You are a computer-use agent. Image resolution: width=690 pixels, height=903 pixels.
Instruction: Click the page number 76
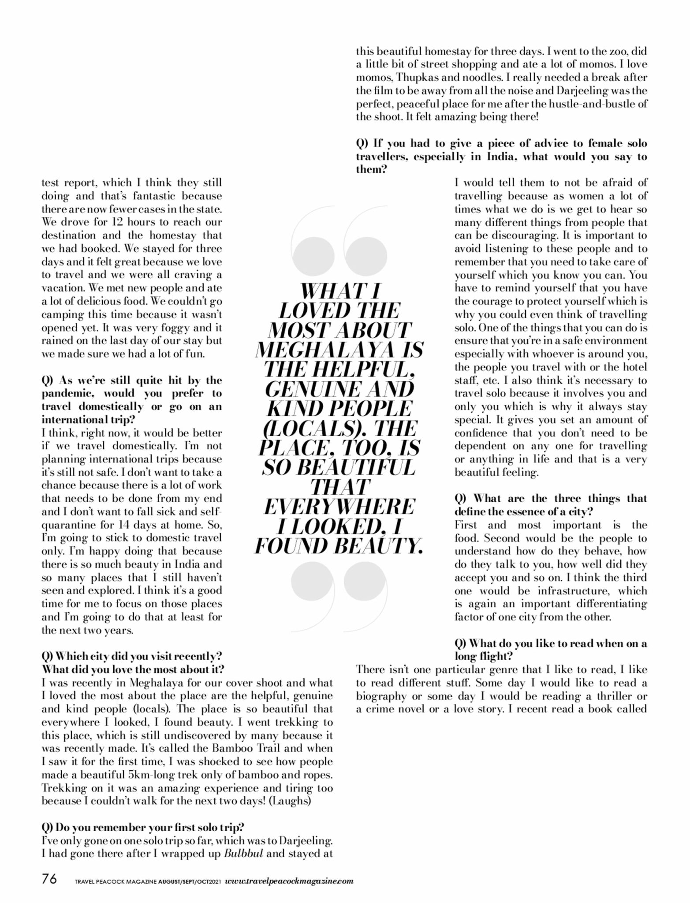[49, 879]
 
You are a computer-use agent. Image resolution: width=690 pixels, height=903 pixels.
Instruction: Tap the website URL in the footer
[289, 881]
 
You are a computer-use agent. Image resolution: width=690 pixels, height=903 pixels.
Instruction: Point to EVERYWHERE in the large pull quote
[339, 507]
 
